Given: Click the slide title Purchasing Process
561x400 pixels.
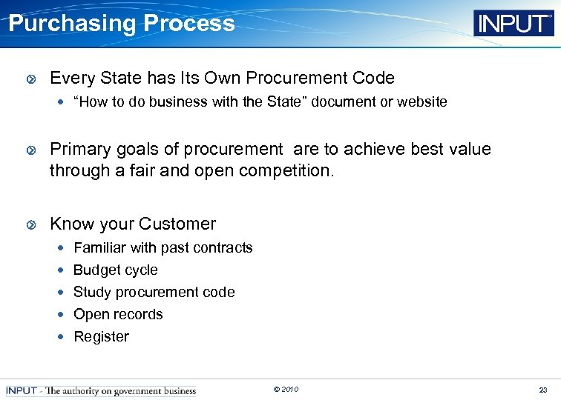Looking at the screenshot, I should [122, 23].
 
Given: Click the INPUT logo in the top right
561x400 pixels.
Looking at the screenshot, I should [514, 23].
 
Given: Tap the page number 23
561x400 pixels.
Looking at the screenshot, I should [543, 390].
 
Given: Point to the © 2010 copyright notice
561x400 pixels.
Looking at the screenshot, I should [286, 390].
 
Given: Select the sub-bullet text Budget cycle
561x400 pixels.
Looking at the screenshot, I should [115, 270].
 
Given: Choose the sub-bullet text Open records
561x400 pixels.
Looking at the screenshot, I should [118, 315].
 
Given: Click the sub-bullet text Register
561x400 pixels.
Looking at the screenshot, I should [101, 337].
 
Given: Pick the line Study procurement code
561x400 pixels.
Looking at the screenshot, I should [154, 293].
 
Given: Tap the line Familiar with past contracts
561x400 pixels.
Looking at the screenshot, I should [163, 248].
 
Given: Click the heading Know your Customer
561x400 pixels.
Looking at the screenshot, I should [133, 224].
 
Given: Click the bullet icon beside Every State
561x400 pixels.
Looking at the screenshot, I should [30, 79].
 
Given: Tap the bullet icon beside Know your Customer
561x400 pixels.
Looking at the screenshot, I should [30, 224].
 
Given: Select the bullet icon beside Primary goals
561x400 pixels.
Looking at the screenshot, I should [30, 150].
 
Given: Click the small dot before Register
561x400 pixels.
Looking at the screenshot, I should [62, 337].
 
